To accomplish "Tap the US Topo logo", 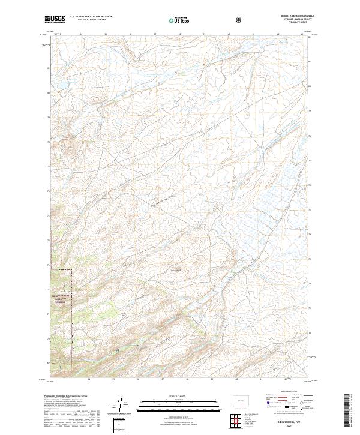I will pos(175,20).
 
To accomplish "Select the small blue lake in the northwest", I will pos(60,91).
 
